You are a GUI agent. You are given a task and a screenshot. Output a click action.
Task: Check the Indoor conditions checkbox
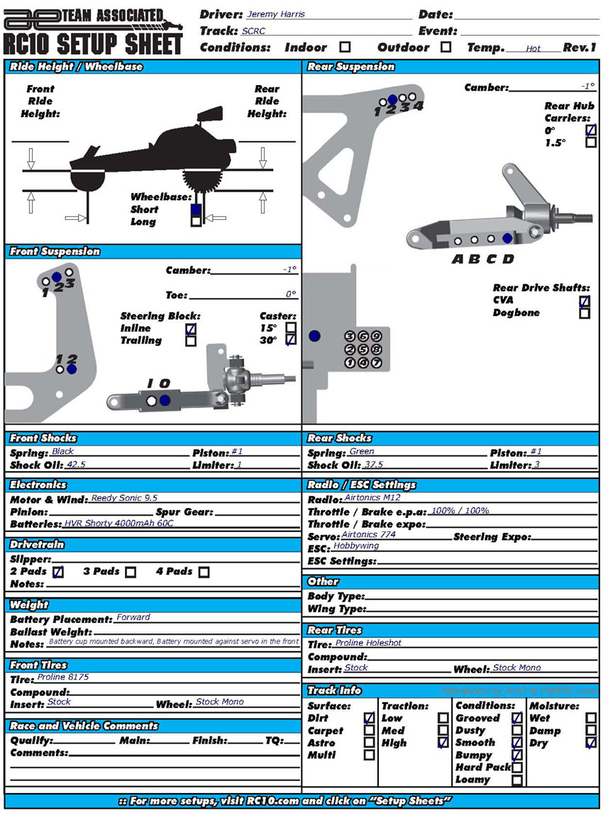[345, 48]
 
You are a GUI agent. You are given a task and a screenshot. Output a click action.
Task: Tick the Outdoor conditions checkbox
[446, 48]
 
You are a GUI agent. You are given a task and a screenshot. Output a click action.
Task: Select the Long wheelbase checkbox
[196, 221]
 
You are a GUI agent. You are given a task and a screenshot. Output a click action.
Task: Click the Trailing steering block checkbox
[190, 341]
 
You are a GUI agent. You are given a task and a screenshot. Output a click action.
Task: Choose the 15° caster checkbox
[290, 328]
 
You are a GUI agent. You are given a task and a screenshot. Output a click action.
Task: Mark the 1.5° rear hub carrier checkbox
[590, 143]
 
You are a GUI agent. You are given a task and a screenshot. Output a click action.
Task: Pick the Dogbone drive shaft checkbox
[584, 313]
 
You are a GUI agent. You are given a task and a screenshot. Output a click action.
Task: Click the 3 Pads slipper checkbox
[131, 572]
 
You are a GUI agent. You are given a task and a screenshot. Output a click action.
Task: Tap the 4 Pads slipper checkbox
[204, 572]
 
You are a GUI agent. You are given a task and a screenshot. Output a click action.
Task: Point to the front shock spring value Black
[62, 451]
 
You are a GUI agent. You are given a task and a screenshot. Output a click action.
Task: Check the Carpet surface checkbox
[369, 731]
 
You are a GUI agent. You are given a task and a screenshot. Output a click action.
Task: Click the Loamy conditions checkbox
[517, 780]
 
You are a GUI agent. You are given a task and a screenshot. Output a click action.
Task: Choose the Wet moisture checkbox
[591, 718]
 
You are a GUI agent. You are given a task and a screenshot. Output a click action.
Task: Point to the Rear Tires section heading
[335, 630]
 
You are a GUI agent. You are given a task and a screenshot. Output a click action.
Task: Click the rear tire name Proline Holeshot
[368, 643]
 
